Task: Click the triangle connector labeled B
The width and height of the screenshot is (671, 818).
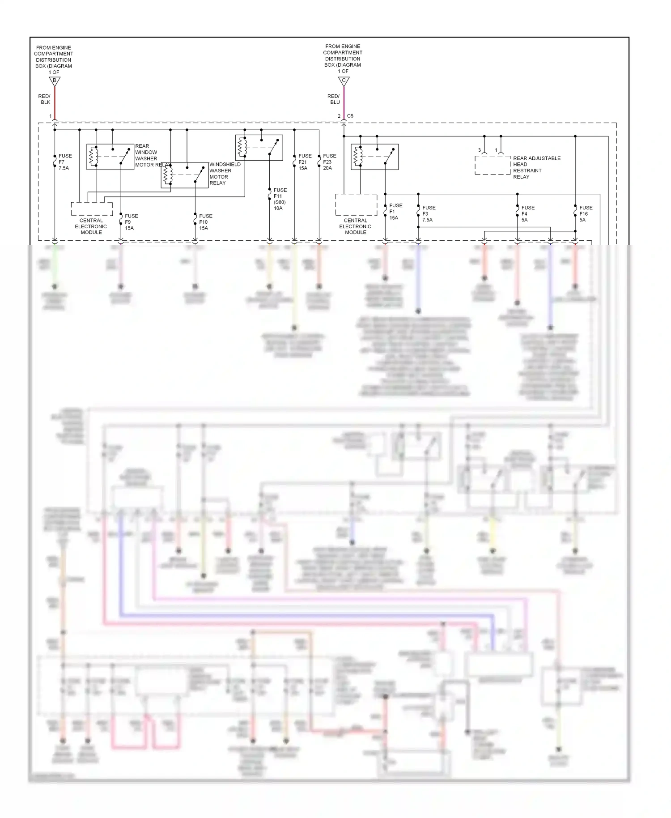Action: point(55,81)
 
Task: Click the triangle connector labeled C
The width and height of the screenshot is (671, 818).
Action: point(344,81)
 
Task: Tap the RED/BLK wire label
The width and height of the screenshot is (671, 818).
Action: point(44,99)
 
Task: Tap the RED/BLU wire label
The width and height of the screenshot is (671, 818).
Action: point(334,99)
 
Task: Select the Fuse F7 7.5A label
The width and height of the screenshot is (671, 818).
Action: point(64,162)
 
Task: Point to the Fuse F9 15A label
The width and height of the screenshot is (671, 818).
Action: point(131,222)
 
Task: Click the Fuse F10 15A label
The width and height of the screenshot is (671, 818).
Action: point(205,222)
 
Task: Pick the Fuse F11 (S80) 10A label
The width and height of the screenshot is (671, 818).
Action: point(280,199)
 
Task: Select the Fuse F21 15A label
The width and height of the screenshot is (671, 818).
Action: point(305,162)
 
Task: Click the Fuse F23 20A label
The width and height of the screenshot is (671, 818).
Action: point(329,162)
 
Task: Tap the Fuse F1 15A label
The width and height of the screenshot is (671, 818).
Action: point(395,212)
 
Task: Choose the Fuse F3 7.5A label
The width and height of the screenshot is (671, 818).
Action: point(428,213)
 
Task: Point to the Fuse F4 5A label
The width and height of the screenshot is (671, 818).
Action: point(527,213)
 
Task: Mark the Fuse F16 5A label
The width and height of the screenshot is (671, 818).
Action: point(585,213)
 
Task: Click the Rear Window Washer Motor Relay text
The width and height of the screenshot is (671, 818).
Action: point(150,155)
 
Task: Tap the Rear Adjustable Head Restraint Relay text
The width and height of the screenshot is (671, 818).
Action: point(536,167)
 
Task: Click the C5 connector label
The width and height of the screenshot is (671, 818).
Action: point(350,116)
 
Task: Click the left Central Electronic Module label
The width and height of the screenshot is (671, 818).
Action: point(91,226)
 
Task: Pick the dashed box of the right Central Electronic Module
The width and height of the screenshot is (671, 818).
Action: point(356,205)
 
